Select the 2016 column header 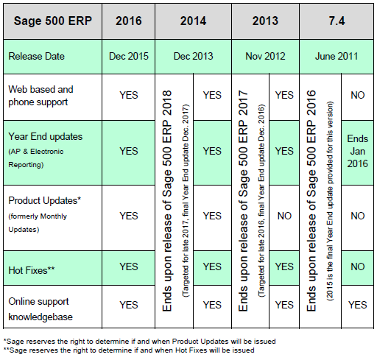pyautogui.click(x=129, y=21)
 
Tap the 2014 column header pyautogui.click(x=191, y=21)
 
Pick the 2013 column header pyautogui.click(x=265, y=21)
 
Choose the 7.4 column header pyautogui.click(x=336, y=21)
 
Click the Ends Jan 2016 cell pyautogui.click(x=357, y=151)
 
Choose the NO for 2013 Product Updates pyautogui.click(x=283, y=216)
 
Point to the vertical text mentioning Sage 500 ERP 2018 pyautogui.click(x=166, y=199)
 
